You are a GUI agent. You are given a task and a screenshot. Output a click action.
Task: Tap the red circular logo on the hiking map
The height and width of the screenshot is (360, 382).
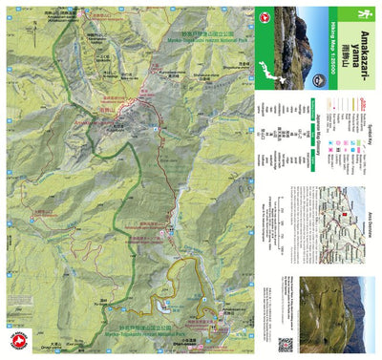[15, 342]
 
